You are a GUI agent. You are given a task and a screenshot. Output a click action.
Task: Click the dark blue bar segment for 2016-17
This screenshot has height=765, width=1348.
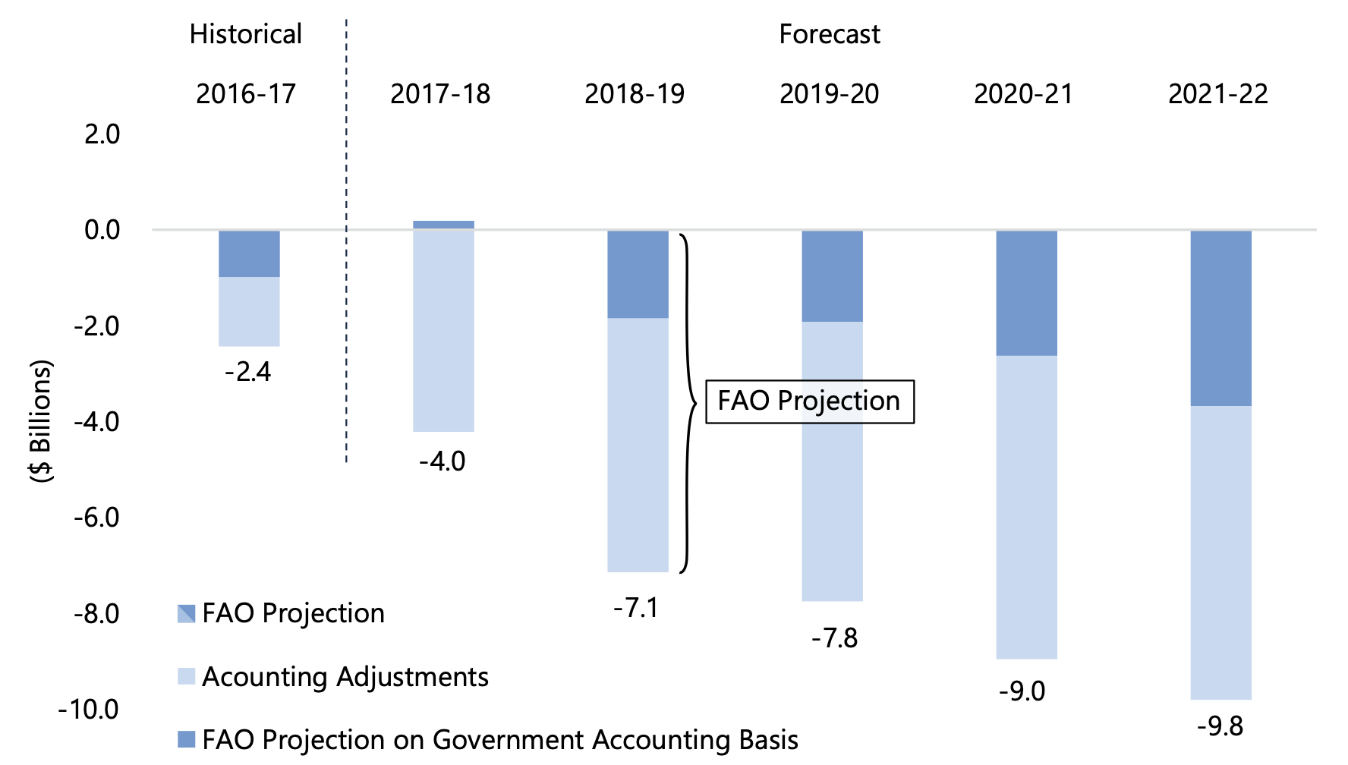[249, 253]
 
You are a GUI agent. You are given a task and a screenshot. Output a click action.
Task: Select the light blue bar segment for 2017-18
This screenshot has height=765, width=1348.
[443, 329]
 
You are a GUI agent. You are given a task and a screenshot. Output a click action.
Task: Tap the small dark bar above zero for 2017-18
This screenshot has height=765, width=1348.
[443, 225]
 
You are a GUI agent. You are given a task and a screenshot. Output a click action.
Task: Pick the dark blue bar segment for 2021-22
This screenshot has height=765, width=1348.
[1220, 318]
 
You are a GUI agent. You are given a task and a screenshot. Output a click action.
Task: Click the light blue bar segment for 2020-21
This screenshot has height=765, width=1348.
[1026, 507]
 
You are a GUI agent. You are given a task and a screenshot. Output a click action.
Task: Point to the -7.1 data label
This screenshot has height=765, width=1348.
[636, 608]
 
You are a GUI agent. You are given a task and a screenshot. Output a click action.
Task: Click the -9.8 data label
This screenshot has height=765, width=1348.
[1220, 726]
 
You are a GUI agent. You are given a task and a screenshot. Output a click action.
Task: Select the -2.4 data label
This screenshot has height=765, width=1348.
[248, 372]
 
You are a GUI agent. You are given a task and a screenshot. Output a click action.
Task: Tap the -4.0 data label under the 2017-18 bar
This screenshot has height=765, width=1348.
[443, 461]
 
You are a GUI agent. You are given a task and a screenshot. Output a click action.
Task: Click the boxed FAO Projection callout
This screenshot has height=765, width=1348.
[809, 401]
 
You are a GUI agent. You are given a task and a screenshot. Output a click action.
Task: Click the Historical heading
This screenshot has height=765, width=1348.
[245, 34]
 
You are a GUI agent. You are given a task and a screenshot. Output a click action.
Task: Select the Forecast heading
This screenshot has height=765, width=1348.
[830, 34]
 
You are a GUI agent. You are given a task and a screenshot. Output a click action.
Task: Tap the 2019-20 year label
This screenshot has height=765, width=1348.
[829, 94]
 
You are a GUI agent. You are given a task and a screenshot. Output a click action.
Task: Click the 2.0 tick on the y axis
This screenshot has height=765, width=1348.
[102, 134]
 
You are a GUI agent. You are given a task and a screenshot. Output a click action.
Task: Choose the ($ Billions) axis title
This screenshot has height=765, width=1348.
[42, 420]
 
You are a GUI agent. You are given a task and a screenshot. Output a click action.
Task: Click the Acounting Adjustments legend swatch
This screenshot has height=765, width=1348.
[187, 676]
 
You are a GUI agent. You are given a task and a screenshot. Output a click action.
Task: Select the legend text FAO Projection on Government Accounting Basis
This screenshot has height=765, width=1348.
[500, 740]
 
